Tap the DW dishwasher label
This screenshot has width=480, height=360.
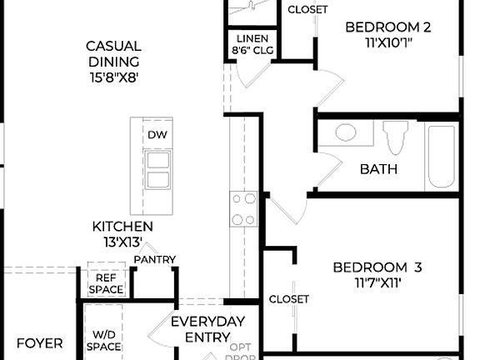[x=157, y=135]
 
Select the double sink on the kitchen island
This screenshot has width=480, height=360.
[x=157, y=170]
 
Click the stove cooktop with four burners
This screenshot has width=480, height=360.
[x=242, y=209]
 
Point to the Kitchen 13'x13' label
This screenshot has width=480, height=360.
[x=122, y=234]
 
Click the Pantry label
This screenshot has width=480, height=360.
[x=155, y=260]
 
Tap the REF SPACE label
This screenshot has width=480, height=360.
[x=106, y=284]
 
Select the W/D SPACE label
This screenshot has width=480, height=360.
[x=105, y=340]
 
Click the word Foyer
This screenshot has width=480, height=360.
[x=40, y=342]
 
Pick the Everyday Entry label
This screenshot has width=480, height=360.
[x=207, y=329]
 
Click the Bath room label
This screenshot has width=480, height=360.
[x=378, y=169]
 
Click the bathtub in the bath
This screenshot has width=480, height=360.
[x=440, y=157]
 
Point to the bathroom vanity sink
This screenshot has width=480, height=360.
[x=345, y=132]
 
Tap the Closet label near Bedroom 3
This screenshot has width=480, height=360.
[x=289, y=299]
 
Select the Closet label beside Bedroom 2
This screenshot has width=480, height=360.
[x=307, y=10]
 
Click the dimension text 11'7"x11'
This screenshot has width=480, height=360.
[x=377, y=282]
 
